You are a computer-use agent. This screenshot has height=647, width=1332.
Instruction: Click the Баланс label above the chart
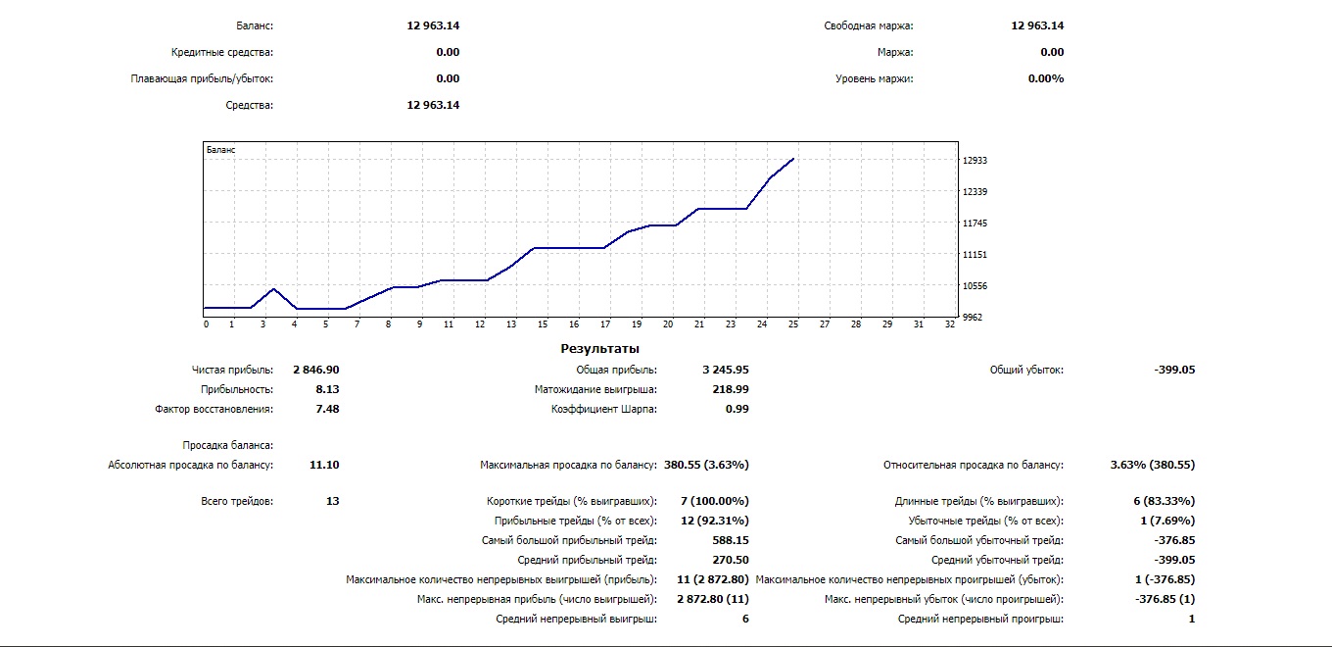(x=255, y=25)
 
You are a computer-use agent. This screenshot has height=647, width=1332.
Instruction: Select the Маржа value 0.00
(x=1052, y=52)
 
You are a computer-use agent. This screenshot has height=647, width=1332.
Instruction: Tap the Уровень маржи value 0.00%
(x=1046, y=78)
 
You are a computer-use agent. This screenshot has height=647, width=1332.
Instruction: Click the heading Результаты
(x=599, y=348)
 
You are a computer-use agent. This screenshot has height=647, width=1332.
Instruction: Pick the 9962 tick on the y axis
(x=972, y=318)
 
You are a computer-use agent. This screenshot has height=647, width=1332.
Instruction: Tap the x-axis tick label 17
(x=605, y=323)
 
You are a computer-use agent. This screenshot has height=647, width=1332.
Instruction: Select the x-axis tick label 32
(x=949, y=323)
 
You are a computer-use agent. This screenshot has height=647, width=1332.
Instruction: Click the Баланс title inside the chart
(x=220, y=150)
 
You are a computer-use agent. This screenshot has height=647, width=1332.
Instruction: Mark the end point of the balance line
(x=793, y=158)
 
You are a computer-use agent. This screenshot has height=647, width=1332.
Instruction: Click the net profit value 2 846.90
(x=315, y=370)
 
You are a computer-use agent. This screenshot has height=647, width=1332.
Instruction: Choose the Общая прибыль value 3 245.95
(x=726, y=370)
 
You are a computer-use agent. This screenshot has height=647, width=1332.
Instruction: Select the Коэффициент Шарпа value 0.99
(x=737, y=409)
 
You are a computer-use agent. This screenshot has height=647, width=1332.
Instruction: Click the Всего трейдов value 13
(x=332, y=501)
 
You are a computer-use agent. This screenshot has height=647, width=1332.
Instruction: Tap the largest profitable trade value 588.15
(x=731, y=540)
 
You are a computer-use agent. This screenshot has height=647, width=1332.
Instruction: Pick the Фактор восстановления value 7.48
(x=327, y=409)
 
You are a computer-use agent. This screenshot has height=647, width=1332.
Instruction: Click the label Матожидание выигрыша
(x=595, y=389)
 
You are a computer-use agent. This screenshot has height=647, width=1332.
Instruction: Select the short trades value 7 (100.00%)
(x=714, y=501)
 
